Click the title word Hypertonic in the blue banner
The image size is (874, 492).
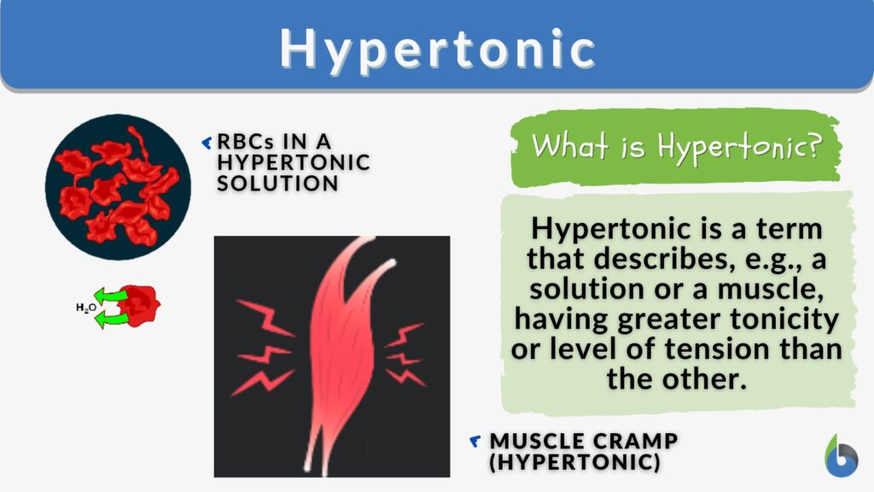(437, 49)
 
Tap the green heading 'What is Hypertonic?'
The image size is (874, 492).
(675, 146)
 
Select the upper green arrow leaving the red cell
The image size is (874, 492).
(111, 296)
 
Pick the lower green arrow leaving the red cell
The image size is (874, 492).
(111, 319)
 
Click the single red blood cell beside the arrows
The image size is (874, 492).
(140, 306)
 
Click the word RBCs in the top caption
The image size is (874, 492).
(244, 142)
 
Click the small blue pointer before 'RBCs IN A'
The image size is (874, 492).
(206, 142)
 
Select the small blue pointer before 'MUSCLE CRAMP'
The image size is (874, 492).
(475, 441)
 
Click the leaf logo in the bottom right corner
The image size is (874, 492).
(842, 457)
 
